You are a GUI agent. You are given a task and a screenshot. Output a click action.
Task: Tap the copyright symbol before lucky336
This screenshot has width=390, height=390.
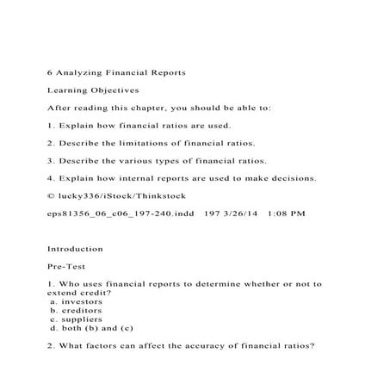click(x=51, y=196)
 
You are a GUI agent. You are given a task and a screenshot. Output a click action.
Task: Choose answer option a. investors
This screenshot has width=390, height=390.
click(x=77, y=301)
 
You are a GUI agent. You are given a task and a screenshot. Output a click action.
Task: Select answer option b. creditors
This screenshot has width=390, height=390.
click(x=77, y=310)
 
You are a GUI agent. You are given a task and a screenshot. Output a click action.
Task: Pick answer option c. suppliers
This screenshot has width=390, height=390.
click(x=77, y=319)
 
